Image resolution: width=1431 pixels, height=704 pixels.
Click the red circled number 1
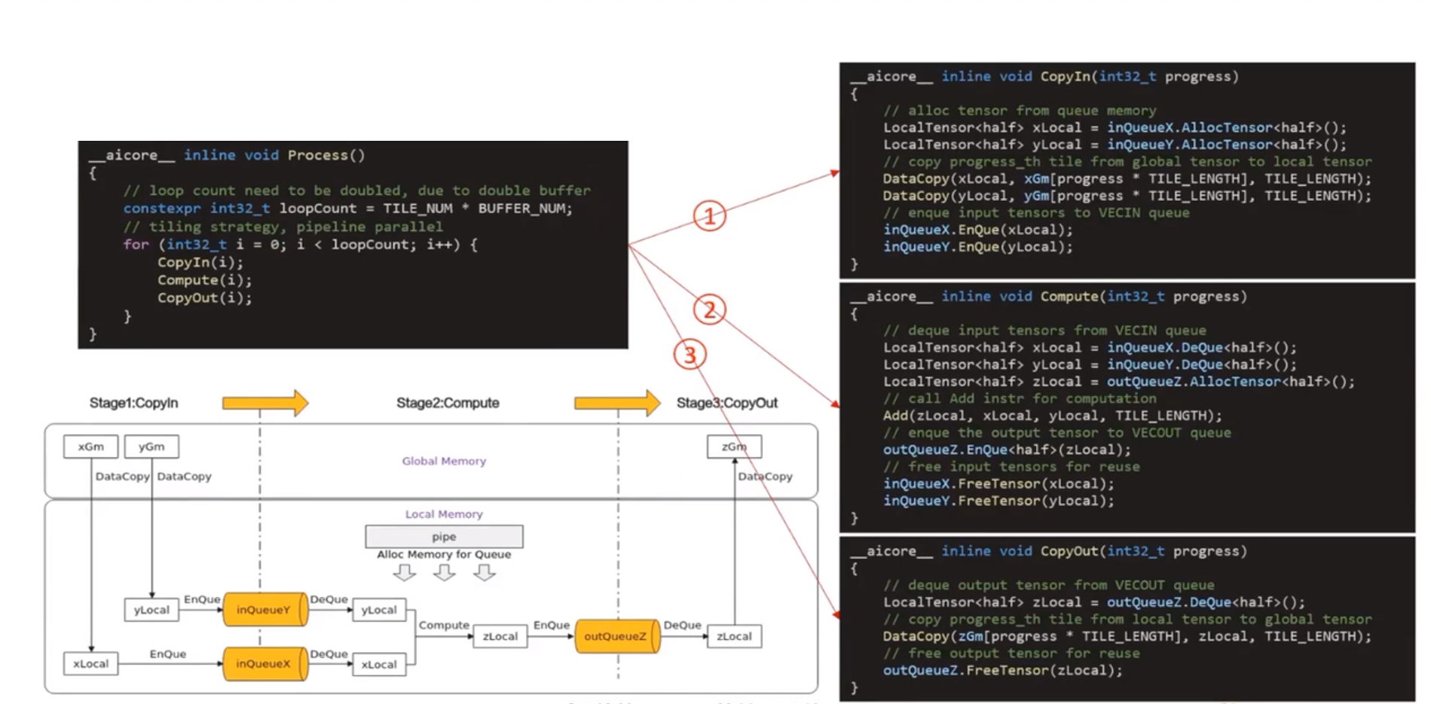click(709, 216)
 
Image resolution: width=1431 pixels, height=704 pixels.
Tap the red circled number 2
click(709, 309)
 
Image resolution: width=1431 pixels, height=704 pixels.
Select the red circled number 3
click(690, 354)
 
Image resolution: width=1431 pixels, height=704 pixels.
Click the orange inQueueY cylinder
click(265, 609)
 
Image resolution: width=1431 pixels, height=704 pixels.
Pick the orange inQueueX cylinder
click(265, 663)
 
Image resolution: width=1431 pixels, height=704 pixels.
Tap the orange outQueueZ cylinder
click(618, 636)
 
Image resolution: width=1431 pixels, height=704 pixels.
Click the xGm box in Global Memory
click(91, 446)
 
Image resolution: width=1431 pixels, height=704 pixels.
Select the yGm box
click(151, 446)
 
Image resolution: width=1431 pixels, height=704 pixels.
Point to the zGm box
click(734, 446)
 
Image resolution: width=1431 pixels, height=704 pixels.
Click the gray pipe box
click(444, 536)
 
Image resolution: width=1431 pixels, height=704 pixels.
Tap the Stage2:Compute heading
click(448, 403)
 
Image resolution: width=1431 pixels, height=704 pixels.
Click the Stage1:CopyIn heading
click(133, 403)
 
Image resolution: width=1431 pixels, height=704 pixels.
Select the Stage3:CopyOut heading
click(726, 403)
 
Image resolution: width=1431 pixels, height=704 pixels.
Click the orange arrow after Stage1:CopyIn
click(265, 403)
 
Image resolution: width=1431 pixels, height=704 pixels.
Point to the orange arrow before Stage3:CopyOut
click(617, 403)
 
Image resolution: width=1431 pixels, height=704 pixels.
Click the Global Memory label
click(444, 461)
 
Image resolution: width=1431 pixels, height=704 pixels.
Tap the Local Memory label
click(444, 514)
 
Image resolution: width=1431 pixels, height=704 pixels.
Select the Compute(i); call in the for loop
click(204, 280)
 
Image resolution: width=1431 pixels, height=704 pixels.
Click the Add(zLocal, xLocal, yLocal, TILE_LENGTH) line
click(1052, 416)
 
